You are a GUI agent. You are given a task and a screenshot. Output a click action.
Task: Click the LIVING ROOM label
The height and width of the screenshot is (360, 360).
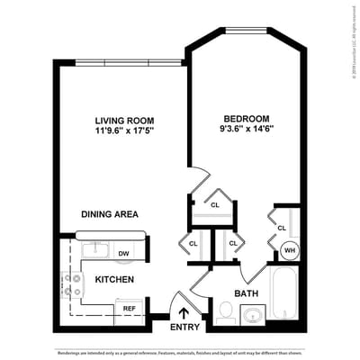point(124,119)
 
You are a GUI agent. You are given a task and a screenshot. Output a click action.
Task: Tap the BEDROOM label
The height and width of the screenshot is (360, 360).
point(246,118)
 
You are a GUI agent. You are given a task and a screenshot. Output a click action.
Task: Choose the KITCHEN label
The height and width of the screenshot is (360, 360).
point(114,280)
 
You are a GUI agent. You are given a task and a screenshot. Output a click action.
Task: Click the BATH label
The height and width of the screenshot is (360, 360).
point(247,293)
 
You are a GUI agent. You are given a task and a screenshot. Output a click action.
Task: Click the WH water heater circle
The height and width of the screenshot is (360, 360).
point(290,251)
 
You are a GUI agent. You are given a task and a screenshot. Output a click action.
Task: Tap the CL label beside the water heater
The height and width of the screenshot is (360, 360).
point(282,228)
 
